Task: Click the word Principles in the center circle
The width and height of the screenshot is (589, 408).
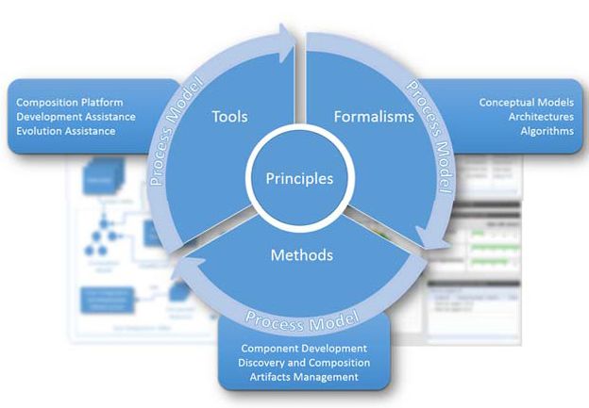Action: point(299,177)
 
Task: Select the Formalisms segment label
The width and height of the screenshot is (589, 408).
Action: point(374,117)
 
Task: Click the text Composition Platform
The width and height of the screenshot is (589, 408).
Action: point(70,102)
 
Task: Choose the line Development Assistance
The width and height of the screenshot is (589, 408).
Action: point(76,116)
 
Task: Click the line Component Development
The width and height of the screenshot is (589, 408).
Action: point(304,348)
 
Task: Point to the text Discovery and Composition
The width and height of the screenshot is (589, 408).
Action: point(304,363)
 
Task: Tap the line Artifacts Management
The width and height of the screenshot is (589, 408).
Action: point(304,377)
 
